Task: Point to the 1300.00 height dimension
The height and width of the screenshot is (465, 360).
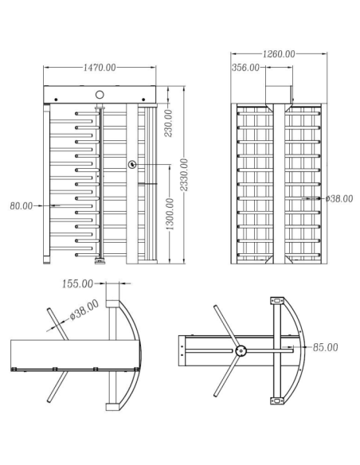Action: [168, 212]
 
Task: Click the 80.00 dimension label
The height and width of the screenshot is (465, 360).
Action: [21, 205]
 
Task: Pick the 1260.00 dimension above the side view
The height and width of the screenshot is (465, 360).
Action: [278, 54]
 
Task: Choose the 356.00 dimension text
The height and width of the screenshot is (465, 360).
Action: [245, 68]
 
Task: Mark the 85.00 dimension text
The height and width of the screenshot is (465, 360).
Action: [325, 347]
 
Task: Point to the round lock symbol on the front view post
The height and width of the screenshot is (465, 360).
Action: [132, 165]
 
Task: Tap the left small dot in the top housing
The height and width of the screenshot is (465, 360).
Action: [56, 98]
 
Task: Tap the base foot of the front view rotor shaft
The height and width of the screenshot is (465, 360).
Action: [100, 260]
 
